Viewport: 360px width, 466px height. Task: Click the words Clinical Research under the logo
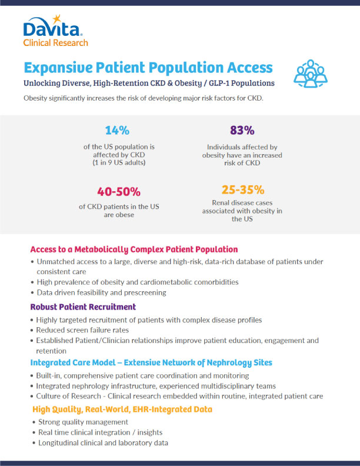[x=56, y=42]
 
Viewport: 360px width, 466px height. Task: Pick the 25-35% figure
[x=243, y=189]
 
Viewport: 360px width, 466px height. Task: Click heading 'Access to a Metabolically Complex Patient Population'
[x=134, y=249]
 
